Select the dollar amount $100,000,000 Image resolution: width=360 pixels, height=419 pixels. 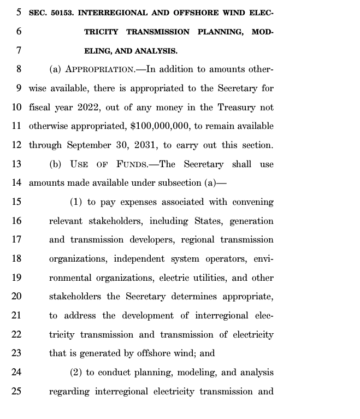[x=160, y=126]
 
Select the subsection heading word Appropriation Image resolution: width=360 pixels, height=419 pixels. [x=99, y=69]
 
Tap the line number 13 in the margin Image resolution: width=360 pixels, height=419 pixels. [x=16, y=164]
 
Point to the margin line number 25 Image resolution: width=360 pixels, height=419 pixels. [x=16, y=392]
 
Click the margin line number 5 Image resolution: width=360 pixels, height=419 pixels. [x=19, y=13]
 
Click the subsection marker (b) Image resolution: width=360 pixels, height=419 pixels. [x=55, y=164]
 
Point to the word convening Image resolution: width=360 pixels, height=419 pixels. [x=253, y=202]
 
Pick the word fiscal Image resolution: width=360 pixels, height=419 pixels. [x=39, y=107]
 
